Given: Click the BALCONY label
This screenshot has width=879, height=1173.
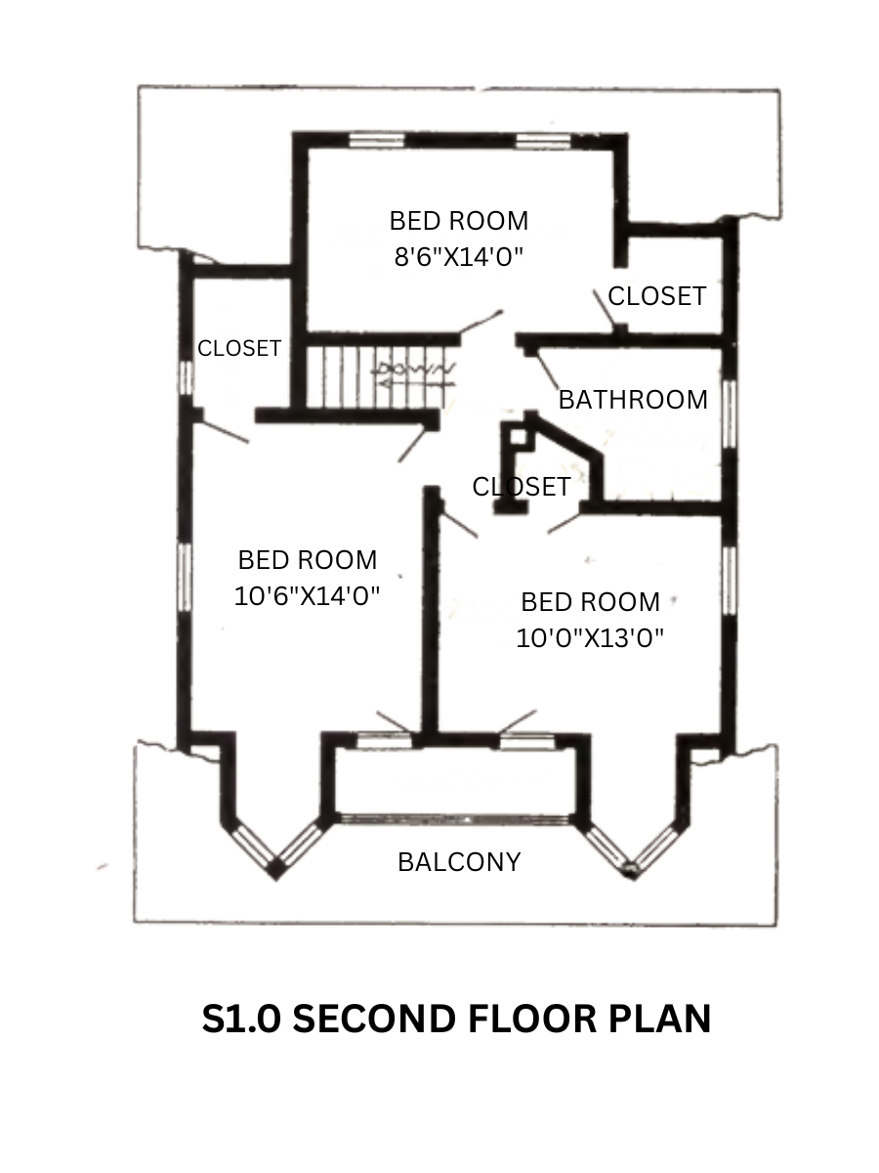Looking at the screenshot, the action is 459,862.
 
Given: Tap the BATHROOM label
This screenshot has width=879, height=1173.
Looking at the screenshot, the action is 633,400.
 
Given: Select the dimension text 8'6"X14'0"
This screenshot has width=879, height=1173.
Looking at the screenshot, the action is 458,257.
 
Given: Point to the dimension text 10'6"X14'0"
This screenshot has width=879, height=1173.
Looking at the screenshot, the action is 307,596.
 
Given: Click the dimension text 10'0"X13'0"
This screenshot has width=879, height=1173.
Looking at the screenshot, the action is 590,637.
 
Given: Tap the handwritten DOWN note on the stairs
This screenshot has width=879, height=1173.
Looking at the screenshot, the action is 417,369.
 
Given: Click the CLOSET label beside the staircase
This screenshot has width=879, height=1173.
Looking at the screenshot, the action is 239,348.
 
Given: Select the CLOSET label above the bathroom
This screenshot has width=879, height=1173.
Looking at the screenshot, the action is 657,296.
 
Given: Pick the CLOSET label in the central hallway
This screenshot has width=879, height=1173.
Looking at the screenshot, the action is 522,487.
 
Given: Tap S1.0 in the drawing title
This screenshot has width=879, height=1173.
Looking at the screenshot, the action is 241,1019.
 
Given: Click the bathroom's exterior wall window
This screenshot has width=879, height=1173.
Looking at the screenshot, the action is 729,414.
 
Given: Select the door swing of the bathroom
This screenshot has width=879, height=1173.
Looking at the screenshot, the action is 547,370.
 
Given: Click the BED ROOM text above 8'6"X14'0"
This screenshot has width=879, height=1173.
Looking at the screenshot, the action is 458,221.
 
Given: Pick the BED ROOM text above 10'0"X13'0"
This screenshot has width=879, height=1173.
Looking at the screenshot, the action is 590,602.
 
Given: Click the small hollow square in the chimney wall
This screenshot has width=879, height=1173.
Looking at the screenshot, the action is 518,436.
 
